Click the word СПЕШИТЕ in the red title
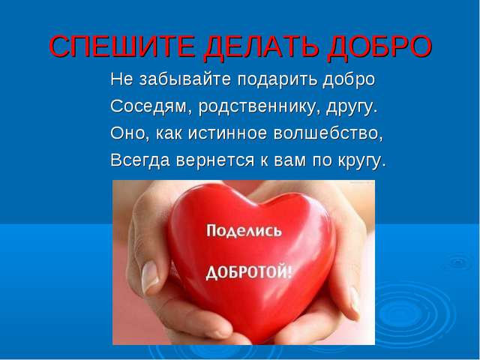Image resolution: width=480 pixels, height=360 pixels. pyautogui.click(x=121, y=46)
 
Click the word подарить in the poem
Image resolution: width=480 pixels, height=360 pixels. pyautogui.click(x=277, y=80)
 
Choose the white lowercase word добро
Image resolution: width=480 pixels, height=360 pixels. pyautogui.click(x=349, y=80)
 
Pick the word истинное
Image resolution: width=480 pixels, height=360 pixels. pyautogui.click(x=227, y=133)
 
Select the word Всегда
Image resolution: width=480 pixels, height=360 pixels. pyautogui.click(x=140, y=160)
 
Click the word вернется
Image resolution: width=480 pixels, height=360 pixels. pyautogui.click(x=215, y=160)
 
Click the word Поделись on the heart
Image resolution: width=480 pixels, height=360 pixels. pyautogui.click(x=244, y=231)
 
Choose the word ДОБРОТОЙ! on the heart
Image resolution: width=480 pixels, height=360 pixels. pyautogui.click(x=248, y=272)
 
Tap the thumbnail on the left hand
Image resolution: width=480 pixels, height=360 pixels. pyautogui.click(x=150, y=276)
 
